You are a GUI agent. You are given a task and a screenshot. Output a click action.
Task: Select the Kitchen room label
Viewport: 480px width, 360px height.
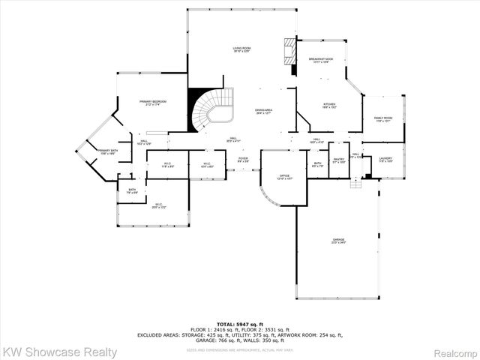329,106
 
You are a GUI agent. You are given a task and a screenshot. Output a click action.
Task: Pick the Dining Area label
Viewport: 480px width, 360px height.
263,112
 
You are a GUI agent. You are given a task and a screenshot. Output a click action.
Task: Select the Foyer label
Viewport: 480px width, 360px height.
243,160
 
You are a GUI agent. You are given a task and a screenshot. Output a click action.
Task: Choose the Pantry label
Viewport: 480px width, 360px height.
339,160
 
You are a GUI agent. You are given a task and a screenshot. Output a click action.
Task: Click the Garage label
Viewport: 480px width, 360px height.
339,241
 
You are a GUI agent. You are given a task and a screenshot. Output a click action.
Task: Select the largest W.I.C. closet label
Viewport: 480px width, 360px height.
158,205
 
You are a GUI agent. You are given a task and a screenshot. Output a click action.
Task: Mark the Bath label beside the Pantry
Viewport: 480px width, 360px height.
318,164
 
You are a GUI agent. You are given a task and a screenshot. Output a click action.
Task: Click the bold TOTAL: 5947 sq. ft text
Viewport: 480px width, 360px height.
240,322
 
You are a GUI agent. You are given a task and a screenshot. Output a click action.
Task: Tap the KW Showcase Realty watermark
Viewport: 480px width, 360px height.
60,351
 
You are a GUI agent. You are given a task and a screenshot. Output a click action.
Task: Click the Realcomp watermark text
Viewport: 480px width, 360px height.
452,351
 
